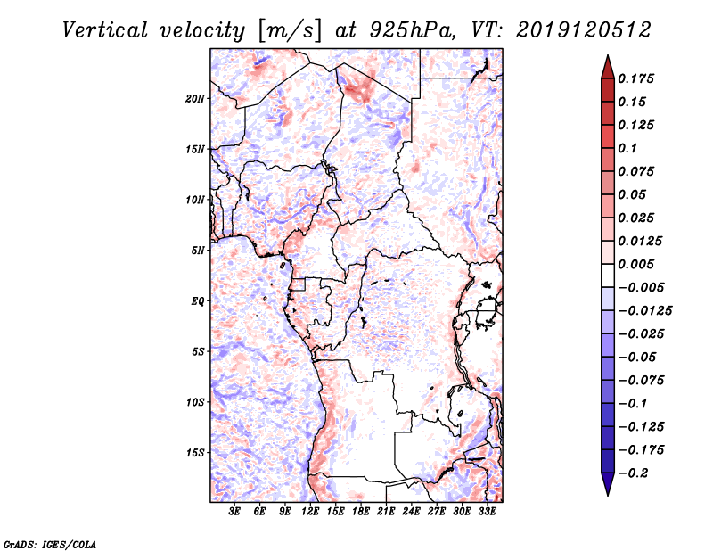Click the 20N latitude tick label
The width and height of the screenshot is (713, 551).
pos(195,98)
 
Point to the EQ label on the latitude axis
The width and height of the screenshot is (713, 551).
pos(197,301)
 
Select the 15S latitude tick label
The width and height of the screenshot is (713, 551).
pos(195,453)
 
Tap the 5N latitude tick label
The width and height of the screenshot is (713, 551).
pos(198,251)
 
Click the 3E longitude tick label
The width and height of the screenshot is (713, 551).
pos(235,513)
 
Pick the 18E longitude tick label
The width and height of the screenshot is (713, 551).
pos(362,513)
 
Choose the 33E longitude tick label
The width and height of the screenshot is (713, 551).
pos(488,513)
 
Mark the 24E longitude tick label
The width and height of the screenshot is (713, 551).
pos(412,513)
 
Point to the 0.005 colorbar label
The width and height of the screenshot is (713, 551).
pos(637,265)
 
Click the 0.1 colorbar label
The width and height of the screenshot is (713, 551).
pos(628,148)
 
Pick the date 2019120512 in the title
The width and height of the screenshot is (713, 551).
pos(577,29)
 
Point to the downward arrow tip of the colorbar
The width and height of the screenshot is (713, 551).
pos(606,493)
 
